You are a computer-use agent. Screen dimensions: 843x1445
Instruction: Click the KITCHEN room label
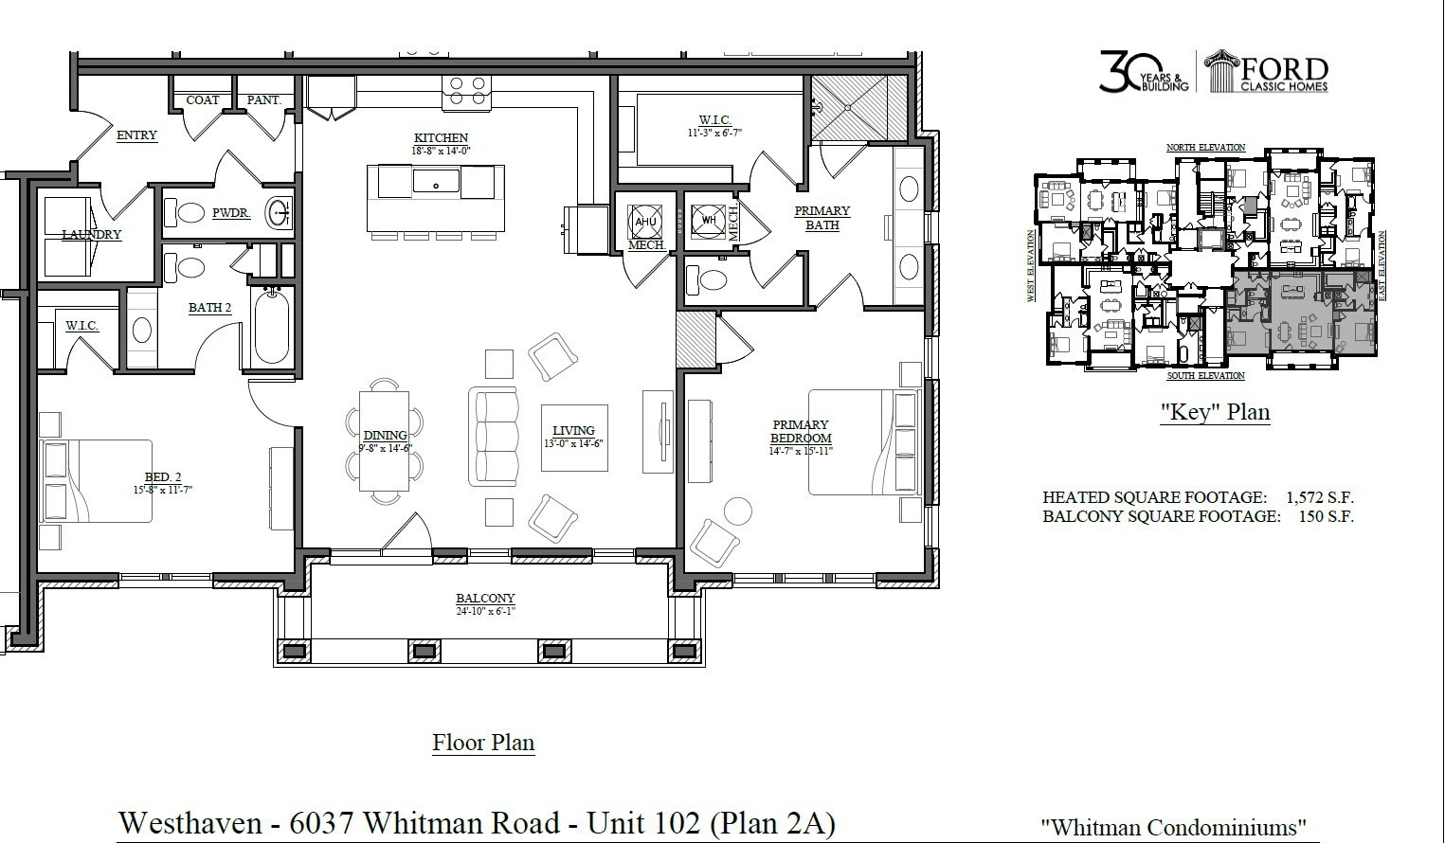[441, 137]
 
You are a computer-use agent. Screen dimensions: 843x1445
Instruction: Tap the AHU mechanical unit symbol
[645, 222]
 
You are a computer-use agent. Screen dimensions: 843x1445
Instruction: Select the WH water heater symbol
[708, 221]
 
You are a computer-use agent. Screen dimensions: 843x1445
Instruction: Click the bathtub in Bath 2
[271, 328]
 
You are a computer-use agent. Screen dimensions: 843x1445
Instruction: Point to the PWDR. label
[230, 213]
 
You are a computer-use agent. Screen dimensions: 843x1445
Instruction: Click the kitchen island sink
[437, 182]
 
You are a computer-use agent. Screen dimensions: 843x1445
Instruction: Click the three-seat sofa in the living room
[494, 437]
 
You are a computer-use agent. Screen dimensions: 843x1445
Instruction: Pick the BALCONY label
[485, 598]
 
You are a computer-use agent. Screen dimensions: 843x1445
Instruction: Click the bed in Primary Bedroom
[863, 441]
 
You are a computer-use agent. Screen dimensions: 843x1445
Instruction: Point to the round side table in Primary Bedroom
[737, 510]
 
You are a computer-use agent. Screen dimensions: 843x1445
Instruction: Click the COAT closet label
[203, 99]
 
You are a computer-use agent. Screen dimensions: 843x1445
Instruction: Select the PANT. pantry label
[264, 99]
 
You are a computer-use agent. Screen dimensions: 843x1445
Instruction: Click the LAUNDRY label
[92, 234]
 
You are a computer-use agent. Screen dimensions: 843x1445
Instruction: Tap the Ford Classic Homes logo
[1266, 73]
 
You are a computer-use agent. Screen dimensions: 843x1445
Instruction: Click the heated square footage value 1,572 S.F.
[1319, 497]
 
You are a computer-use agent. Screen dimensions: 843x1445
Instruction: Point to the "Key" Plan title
[1215, 413]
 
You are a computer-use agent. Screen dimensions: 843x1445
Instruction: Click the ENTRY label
[136, 135]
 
